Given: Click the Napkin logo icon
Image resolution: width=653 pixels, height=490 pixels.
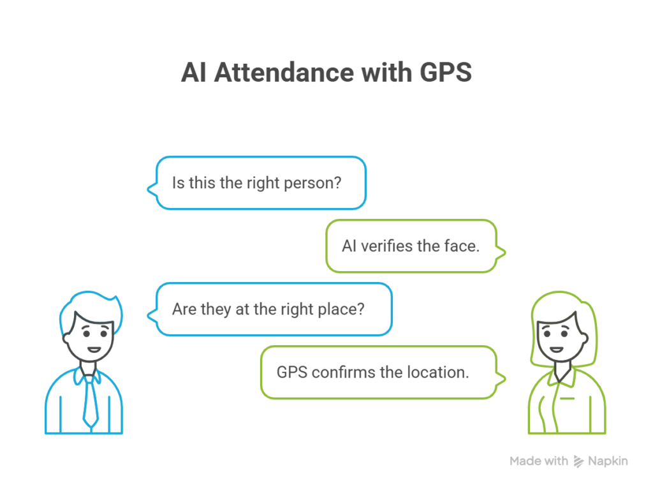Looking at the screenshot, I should pos(579,461).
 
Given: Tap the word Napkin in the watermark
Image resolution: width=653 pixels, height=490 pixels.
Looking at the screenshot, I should pos(608,461).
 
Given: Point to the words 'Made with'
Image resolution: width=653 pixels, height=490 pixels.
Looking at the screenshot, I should pos(539,461).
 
